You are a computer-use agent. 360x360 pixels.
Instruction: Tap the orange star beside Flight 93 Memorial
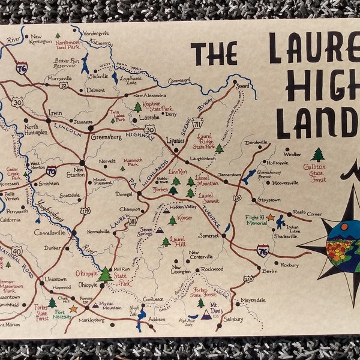pos(271,217)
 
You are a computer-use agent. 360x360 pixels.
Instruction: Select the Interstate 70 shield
pos(52,171)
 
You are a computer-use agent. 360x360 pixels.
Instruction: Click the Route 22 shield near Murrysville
pos(64,85)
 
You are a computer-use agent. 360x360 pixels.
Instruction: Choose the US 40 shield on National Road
pos(16,251)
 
